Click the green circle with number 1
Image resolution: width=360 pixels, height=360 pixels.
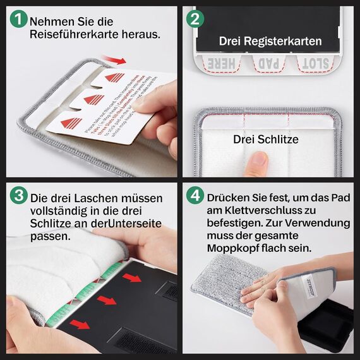[20, 21]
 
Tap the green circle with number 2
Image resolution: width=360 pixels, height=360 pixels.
[195, 20]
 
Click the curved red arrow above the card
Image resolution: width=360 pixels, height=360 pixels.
[113, 59]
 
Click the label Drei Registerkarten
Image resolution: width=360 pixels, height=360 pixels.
[270, 42]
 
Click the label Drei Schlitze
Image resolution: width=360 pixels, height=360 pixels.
[266, 139]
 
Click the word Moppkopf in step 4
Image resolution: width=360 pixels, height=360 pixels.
[232, 247]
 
